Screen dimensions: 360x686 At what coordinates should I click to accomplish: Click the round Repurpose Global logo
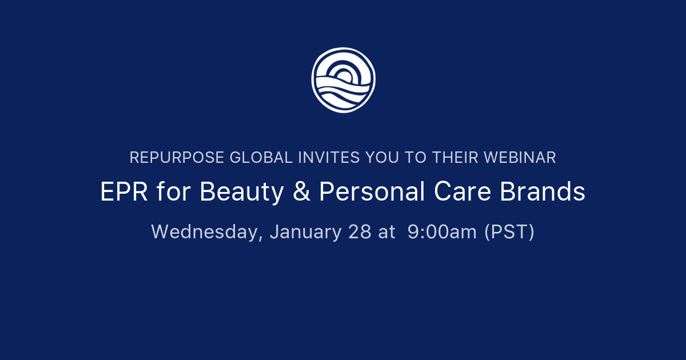point(343,80)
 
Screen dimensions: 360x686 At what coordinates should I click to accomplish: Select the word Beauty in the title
point(242,193)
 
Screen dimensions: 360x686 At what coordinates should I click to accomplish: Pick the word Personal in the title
point(372,193)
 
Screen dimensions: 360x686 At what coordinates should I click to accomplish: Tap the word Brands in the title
point(543,193)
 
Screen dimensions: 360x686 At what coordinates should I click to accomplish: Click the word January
point(305,232)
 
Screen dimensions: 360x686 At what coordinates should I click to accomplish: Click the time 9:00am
point(442,232)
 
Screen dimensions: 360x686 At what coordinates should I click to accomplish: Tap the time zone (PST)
point(509,232)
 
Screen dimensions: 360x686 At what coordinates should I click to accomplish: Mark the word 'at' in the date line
point(386,232)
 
